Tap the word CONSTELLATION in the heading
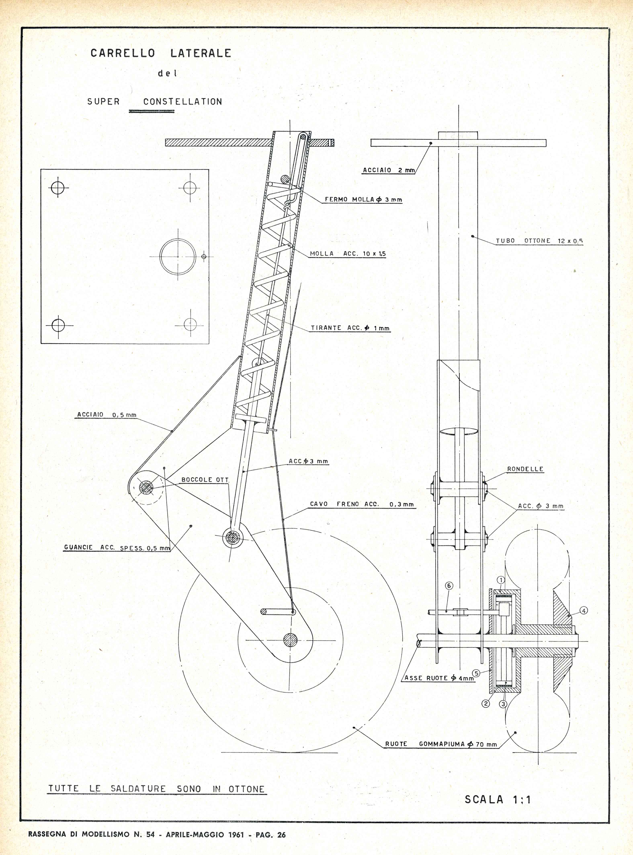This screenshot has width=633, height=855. click(183, 102)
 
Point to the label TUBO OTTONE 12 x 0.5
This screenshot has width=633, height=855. click(539, 241)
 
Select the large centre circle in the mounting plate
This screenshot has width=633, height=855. click(178, 257)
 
